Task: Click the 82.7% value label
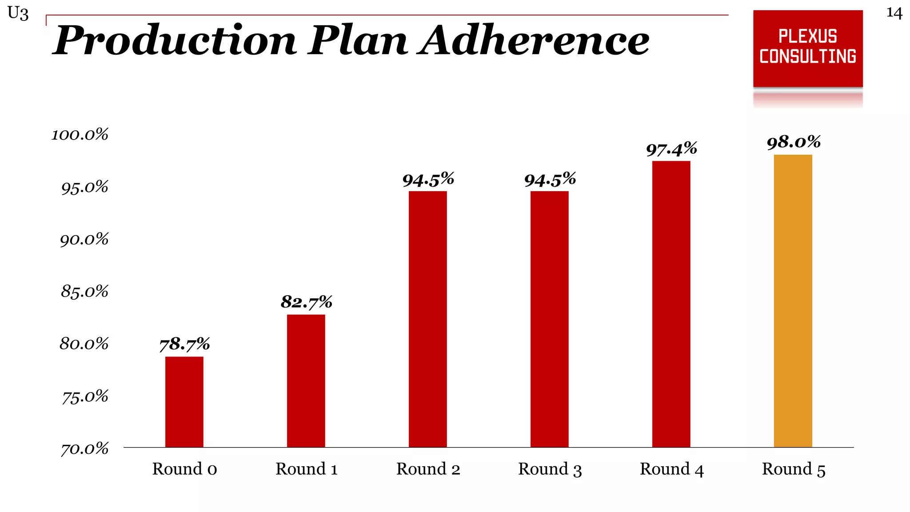306,302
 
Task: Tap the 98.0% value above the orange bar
794,142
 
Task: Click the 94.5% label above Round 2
428,180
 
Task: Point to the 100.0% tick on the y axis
80,135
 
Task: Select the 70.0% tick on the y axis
84,449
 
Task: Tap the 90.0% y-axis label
84,240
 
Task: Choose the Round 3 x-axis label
550,469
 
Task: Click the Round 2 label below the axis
428,469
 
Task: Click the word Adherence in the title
533,41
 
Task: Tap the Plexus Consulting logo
808,48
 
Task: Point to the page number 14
894,13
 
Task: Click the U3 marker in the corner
18,13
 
